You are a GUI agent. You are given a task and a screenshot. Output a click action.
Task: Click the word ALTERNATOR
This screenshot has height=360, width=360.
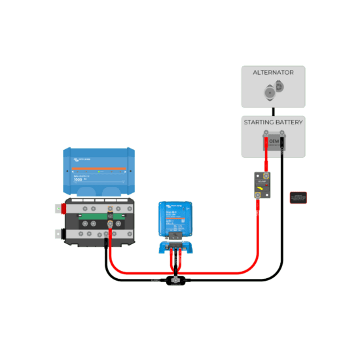pyautogui.click(x=273, y=72)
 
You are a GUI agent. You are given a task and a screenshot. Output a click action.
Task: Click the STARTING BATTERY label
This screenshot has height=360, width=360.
pyautogui.click(x=273, y=122)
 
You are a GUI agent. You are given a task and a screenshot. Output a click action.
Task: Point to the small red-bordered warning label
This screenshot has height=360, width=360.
pyautogui.click(x=298, y=197)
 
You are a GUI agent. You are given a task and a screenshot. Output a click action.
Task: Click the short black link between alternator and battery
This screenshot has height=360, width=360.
pyautogui.click(x=274, y=111)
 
